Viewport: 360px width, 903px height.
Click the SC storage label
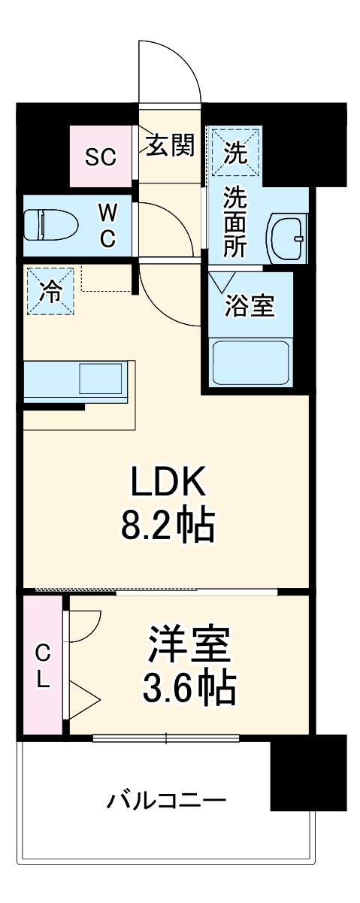[100, 157]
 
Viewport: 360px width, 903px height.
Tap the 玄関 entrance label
[170, 145]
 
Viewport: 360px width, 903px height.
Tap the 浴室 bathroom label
[250, 305]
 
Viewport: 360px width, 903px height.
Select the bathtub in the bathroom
[251, 363]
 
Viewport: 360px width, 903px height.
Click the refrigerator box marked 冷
[51, 292]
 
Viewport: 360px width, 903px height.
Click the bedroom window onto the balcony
[165, 738]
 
